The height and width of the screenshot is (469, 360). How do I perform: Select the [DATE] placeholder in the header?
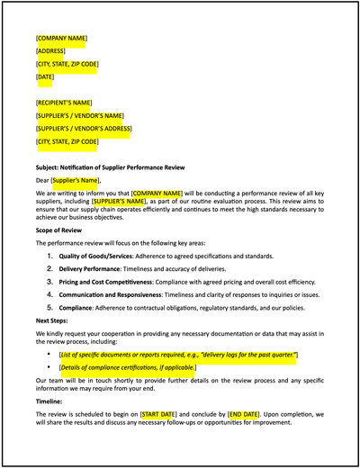pos(45,77)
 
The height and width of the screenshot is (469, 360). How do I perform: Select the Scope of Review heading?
pos(62,230)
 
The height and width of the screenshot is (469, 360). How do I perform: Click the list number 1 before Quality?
pos(50,257)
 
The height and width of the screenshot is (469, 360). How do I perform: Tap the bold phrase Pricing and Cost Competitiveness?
pos(106,282)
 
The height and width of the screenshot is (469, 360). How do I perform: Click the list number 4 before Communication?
pos(50,293)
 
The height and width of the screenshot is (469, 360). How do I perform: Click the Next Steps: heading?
pos(55,320)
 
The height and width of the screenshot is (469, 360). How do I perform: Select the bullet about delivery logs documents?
pos(171,356)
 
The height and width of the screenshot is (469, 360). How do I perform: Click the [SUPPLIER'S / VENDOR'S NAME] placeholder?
pos(80,116)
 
